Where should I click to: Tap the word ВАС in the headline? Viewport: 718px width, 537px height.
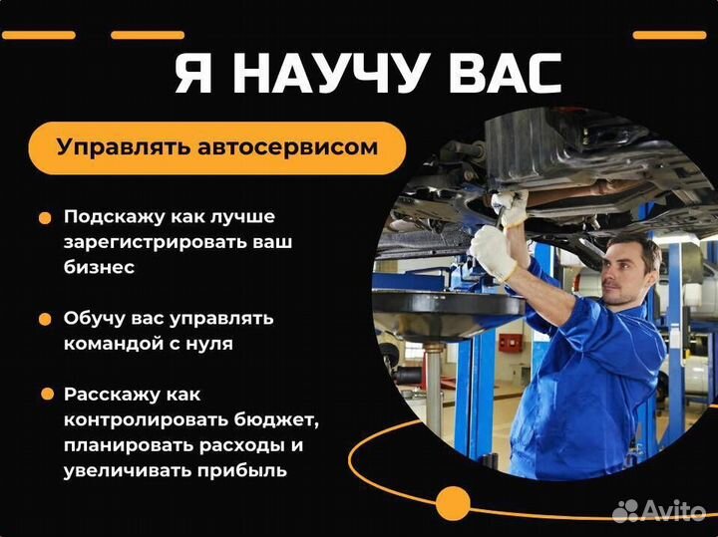[500, 75]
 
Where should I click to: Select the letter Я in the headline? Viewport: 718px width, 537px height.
[193, 75]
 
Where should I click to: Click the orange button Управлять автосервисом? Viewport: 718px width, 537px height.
[217, 148]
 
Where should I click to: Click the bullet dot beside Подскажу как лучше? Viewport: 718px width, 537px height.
[45, 217]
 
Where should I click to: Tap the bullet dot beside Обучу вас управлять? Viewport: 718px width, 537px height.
[45, 320]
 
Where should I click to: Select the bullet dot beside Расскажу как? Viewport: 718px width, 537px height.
[45, 395]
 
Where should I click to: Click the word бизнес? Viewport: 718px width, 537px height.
[99, 267]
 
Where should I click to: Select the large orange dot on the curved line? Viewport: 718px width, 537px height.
[453, 503]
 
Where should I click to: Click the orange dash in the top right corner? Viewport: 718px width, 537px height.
[669, 35]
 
